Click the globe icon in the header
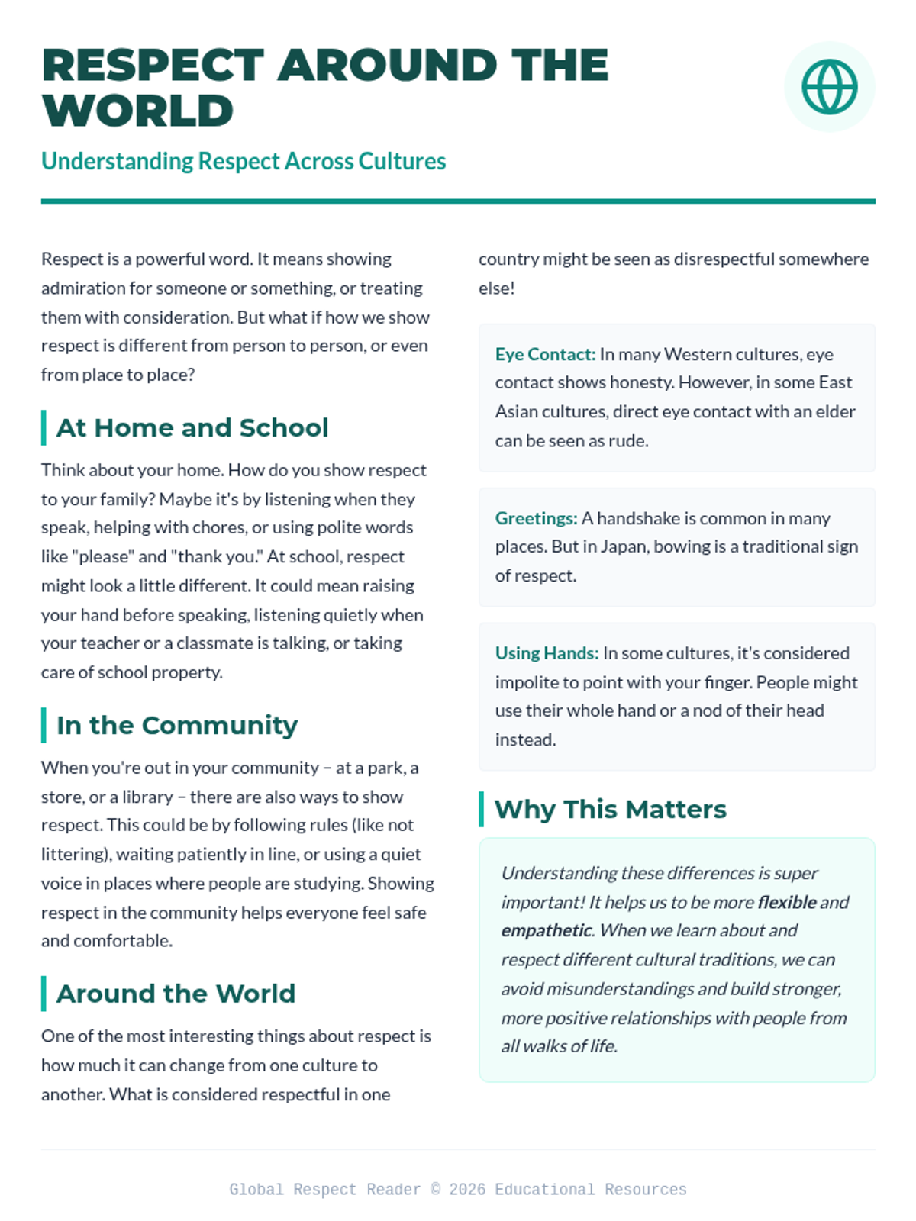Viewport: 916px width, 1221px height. [829, 87]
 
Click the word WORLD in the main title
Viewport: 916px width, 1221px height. [137, 111]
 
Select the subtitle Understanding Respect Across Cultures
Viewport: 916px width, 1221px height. [243, 162]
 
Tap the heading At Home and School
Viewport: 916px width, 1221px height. [192, 428]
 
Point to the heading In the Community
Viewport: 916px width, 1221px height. [177, 726]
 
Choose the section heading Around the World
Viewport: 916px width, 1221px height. [176, 994]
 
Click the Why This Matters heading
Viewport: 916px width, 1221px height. [610, 810]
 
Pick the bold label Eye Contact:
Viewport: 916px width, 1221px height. [545, 355]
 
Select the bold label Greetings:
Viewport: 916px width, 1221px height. [536, 519]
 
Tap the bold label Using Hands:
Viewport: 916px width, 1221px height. [547, 654]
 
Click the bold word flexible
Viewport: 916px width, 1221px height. [787, 903]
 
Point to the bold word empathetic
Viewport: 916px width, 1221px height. [546, 931]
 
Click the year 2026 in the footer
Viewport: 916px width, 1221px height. [467, 1190]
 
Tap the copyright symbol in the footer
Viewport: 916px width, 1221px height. [435, 1190]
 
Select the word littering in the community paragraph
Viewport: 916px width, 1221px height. [73, 855]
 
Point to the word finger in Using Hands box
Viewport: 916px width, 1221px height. [726, 683]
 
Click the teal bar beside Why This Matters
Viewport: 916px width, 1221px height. [482, 810]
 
